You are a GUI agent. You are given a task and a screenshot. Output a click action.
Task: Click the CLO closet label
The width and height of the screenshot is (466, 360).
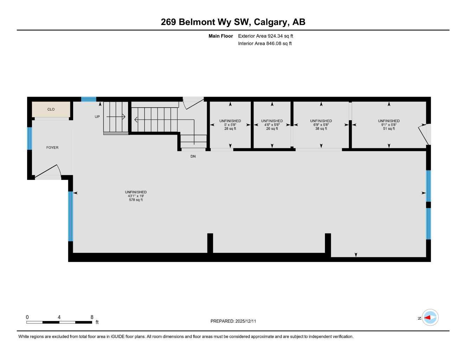[x=51, y=109]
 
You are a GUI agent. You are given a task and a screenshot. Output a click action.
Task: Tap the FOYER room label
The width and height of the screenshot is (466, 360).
[x=52, y=147]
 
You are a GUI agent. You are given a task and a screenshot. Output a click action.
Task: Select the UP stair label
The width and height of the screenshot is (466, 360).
[x=97, y=117]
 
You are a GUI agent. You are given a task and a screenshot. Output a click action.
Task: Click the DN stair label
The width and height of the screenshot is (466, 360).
[x=193, y=156]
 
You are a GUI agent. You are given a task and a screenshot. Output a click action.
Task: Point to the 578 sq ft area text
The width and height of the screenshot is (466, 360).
[x=136, y=200]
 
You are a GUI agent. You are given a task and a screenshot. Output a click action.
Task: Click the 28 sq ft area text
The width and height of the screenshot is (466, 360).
[x=230, y=129]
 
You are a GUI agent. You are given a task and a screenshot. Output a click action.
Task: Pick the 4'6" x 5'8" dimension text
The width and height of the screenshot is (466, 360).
[x=272, y=125]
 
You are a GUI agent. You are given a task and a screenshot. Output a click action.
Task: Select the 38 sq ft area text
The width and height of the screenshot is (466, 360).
[x=321, y=129]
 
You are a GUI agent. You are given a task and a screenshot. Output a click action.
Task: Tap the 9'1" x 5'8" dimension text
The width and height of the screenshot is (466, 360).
[x=389, y=125]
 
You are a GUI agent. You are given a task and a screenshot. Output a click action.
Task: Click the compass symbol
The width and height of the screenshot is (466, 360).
[x=430, y=317]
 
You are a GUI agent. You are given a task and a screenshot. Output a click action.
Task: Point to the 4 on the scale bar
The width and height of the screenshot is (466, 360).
[x=59, y=317]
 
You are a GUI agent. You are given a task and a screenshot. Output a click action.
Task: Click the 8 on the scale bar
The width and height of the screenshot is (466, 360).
[x=92, y=317]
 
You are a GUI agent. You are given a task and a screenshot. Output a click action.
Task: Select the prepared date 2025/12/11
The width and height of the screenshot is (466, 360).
[x=245, y=321]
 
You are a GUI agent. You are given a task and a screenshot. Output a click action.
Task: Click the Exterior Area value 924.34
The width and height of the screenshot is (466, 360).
[x=275, y=36]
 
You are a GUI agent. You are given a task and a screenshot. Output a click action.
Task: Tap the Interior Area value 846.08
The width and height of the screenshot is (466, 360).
[x=274, y=44]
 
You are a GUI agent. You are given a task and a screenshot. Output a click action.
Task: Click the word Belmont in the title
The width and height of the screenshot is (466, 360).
[x=197, y=22]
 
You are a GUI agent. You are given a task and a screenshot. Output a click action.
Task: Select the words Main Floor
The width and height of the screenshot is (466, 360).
[x=221, y=36]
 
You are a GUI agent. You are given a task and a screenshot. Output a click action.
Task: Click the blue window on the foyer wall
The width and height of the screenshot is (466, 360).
[x=30, y=139]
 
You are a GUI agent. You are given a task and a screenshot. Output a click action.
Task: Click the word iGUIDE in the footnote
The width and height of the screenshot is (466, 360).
[x=118, y=337]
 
